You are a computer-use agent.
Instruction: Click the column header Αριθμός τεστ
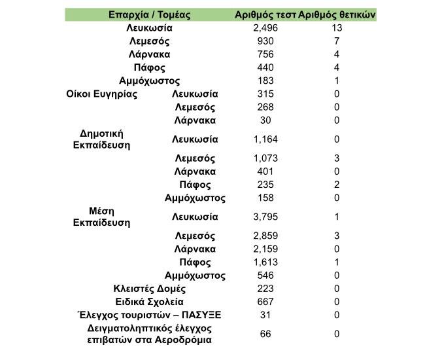(265, 14)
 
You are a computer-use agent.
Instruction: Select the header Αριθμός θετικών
(337, 14)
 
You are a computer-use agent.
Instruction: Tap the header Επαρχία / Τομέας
(149, 14)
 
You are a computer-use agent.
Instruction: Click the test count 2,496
(265, 28)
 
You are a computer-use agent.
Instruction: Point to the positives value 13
(337, 28)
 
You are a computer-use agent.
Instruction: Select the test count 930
(265, 41)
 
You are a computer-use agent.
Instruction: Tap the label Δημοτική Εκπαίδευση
(102, 139)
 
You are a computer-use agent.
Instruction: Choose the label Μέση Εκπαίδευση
(101, 216)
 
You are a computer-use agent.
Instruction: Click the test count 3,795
(265, 217)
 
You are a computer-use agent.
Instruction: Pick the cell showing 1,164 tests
(265, 139)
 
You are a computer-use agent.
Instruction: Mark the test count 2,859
(265, 236)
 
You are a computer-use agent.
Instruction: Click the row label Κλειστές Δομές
(150, 289)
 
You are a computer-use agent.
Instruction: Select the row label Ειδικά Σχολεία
(150, 302)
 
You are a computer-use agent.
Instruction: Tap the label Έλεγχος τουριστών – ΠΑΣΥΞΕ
(150, 315)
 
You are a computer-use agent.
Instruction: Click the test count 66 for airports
(265, 334)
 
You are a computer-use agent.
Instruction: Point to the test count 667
(265, 302)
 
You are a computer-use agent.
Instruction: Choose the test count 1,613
(265, 262)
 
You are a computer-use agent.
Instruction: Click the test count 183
(265, 81)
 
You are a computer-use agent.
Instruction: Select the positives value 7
(337, 41)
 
